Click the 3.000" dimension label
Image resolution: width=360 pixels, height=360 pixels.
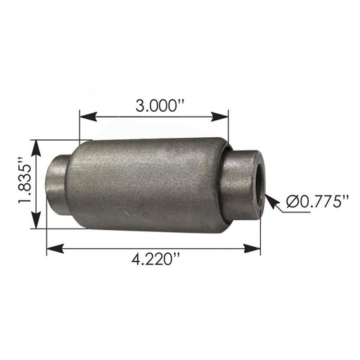point(160,105)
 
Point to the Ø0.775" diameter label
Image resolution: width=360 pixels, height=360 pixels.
point(317,201)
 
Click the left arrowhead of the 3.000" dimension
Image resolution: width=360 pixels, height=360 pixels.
point(88,117)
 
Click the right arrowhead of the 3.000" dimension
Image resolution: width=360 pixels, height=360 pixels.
point(219,117)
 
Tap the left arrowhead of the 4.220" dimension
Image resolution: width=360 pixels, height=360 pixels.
point(56,248)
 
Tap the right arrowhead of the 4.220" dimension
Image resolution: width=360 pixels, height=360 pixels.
point(252,248)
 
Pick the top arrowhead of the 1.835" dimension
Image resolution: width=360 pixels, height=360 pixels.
point(36,148)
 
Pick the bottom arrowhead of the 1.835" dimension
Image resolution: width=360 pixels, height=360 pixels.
point(36,220)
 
